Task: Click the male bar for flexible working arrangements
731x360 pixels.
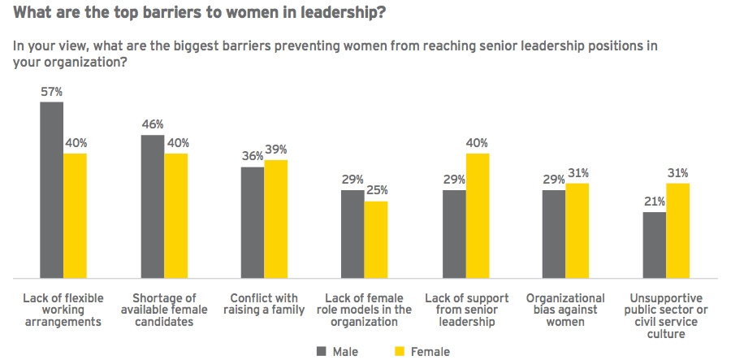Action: (51, 189)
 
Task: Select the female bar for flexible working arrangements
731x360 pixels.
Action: (75, 215)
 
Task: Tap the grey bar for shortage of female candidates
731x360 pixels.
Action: (152, 206)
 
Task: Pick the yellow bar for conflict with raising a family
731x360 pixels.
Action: (276, 219)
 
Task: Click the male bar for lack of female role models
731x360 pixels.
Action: (353, 234)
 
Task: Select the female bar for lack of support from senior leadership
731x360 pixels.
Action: (478, 215)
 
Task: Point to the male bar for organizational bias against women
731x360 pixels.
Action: (554, 234)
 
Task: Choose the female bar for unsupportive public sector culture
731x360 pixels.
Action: (678, 230)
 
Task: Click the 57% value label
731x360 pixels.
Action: (52, 92)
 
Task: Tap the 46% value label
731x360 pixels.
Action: (153, 124)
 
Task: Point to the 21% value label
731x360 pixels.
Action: (655, 202)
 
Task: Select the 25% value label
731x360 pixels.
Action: (376, 190)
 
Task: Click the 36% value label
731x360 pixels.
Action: (253, 157)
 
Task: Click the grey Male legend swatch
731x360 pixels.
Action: (320, 352)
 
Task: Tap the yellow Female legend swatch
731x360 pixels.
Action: (400, 352)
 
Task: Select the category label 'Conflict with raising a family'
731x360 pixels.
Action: (264, 304)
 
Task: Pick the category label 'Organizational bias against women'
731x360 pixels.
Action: (564, 310)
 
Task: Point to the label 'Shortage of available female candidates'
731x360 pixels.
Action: (164, 310)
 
